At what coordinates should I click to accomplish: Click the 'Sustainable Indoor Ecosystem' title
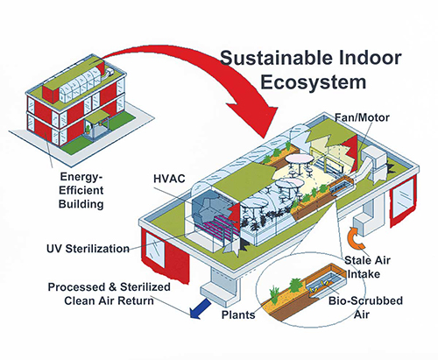[x=311, y=70]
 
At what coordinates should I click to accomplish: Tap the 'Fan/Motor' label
[x=362, y=117]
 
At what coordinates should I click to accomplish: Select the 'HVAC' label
[x=169, y=179]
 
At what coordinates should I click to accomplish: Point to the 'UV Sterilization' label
[x=88, y=249]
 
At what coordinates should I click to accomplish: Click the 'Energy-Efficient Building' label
[x=81, y=190]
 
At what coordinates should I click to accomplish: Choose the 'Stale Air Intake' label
[x=367, y=267]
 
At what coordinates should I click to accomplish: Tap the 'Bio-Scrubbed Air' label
[x=365, y=307]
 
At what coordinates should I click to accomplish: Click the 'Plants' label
[x=238, y=314]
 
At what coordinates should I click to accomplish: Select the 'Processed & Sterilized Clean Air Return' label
[x=109, y=293]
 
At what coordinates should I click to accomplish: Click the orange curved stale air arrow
[x=351, y=238]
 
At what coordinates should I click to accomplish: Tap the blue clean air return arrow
[x=200, y=309]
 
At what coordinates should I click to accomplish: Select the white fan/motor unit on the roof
[x=374, y=159]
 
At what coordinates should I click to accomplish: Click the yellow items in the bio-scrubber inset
[x=319, y=286]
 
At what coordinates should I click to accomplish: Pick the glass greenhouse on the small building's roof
[x=80, y=82]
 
